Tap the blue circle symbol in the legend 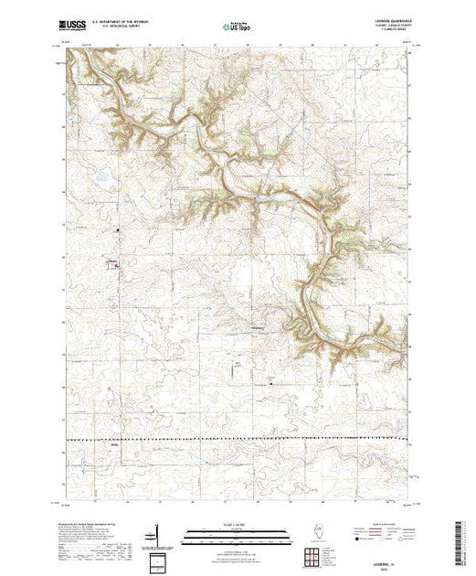point(355,540)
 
